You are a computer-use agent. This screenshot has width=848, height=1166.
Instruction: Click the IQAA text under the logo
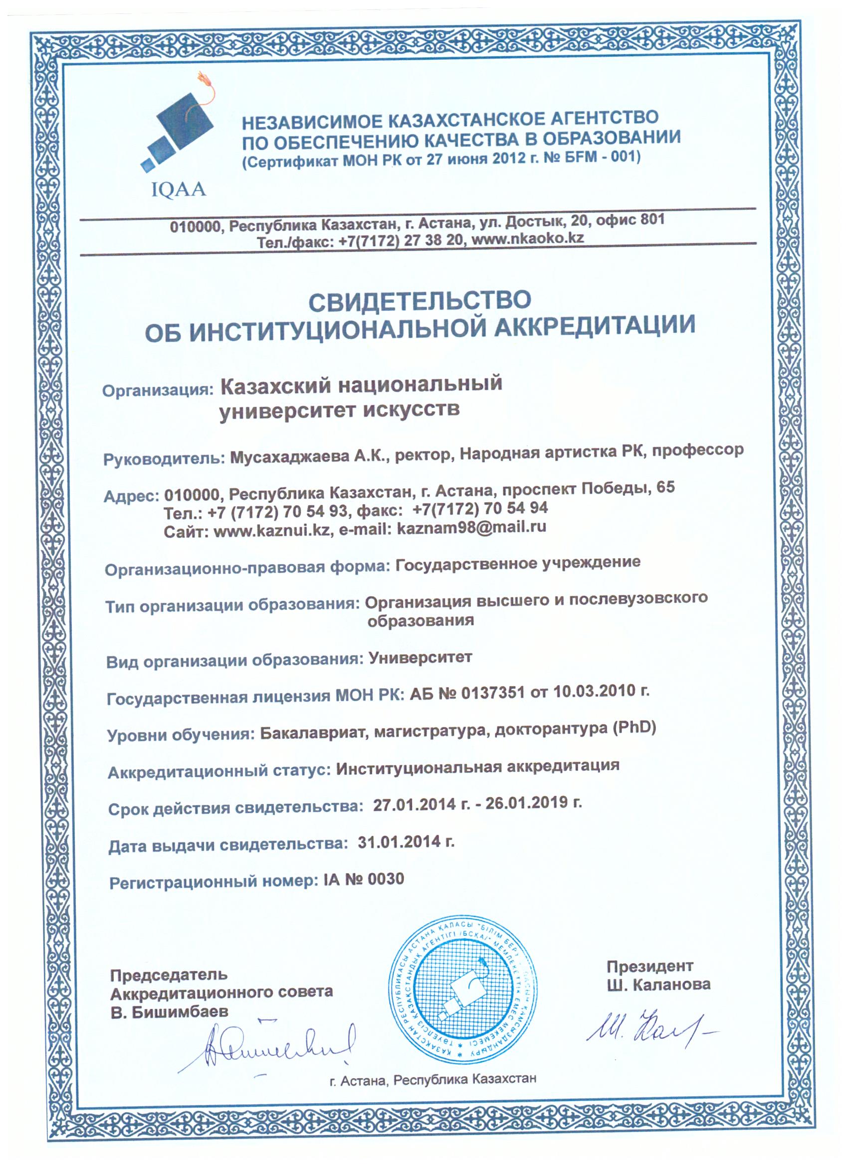(x=179, y=190)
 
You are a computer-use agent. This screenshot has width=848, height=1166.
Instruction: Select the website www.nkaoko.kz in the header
(x=527, y=239)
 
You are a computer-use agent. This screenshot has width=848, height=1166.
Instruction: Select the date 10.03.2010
(x=594, y=692)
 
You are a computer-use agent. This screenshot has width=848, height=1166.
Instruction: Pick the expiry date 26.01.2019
(x=526, y=803)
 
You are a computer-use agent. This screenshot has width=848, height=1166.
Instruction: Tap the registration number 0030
(x=386, y=879)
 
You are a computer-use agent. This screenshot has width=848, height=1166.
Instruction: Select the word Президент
(x=649, y=966)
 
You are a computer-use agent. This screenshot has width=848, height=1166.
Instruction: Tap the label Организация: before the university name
(x=158, y=390)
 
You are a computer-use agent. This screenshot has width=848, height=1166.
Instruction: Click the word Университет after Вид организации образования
(x=420, y=658)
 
